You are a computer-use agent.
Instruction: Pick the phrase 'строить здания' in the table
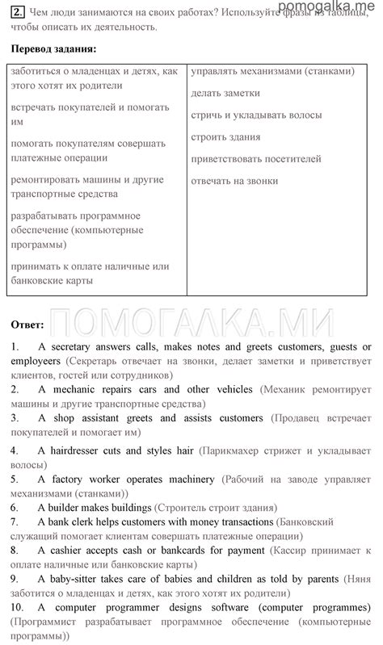(x=225, y=136)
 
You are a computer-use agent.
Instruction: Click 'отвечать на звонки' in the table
(x=234, y=181)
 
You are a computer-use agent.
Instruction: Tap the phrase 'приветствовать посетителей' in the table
(x=256, y=159)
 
